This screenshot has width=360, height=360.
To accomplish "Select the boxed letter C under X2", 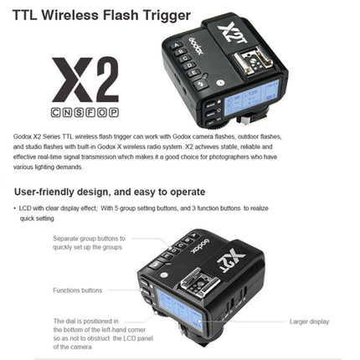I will [56, 111].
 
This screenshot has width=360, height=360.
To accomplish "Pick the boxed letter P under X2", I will [114, 111].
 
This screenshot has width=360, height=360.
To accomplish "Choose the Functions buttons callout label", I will [77, 290].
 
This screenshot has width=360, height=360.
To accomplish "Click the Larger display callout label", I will [311, 321].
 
